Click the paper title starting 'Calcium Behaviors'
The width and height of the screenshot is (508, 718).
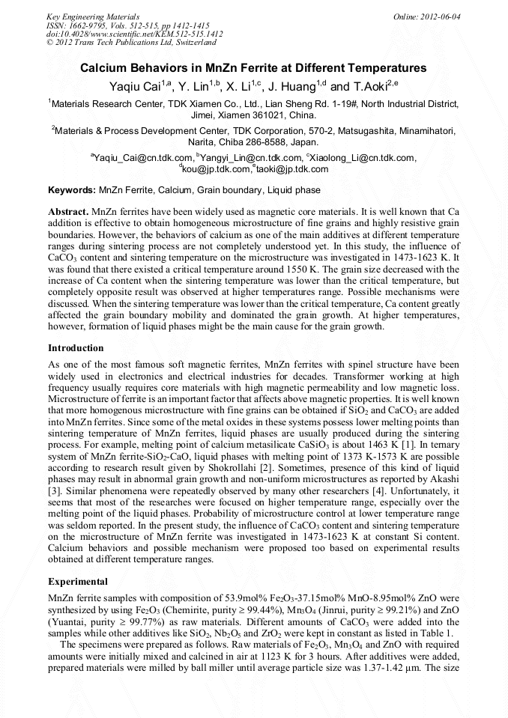253,68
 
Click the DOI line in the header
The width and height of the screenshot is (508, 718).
134,34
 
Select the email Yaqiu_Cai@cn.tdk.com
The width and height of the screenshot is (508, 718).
143,158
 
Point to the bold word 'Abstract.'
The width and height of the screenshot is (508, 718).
69,213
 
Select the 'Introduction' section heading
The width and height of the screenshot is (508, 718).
76,348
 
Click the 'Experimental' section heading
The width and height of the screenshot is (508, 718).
78,581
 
